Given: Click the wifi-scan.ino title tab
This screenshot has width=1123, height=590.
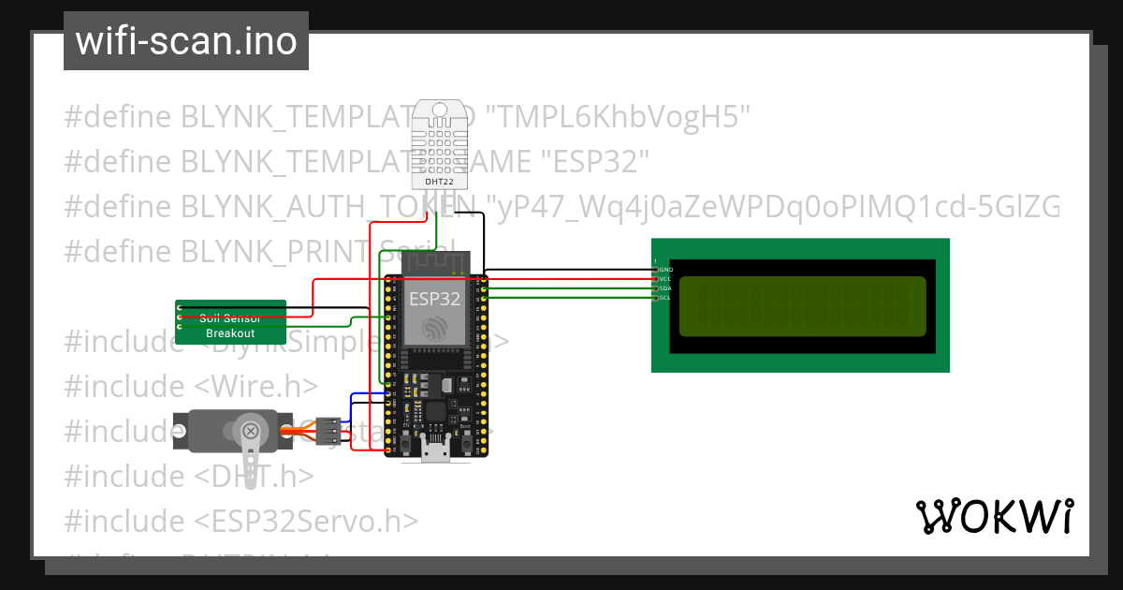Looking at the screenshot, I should click(x=186, y=41).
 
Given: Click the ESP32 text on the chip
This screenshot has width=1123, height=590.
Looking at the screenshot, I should click(x=434, y=300).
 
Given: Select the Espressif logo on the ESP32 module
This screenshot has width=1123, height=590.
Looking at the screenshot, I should click(x=435, y=328).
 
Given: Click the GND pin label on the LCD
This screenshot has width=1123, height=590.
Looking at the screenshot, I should click(x=665, y=270).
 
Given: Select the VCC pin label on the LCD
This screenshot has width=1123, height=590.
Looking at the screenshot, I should click(x=665, y=279).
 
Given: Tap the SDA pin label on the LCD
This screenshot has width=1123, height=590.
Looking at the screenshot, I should click(x=665, y=288).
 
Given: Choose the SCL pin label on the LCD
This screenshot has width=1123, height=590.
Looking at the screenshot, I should click(x=665, y=297).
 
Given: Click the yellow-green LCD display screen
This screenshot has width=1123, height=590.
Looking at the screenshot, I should click(x=801, y=306).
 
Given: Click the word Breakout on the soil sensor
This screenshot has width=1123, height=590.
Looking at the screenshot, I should click(x=230, y=333).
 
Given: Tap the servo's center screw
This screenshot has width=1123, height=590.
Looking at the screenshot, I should click(x=251, y=431).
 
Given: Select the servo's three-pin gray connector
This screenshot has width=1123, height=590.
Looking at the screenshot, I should click(x=328, y=431).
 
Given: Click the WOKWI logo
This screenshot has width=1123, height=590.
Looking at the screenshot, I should click(x=994, y=516).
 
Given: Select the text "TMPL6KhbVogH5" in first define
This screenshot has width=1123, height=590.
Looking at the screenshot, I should click(x=621, y=117).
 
